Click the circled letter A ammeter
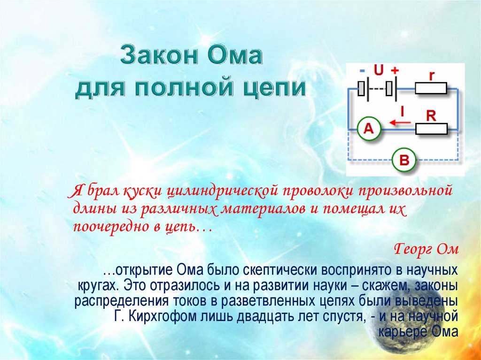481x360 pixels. tap(369, 129)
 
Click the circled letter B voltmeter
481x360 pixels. tap(404, 160)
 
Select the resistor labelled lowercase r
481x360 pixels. tap(431, 88)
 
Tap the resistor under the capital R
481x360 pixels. tap(431, 129)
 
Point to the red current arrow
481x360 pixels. tap(400, 123)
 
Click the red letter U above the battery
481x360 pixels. tap(379, 70)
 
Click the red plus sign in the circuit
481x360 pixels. tap(395, 70)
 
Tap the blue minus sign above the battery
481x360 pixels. tap(362, 71)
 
